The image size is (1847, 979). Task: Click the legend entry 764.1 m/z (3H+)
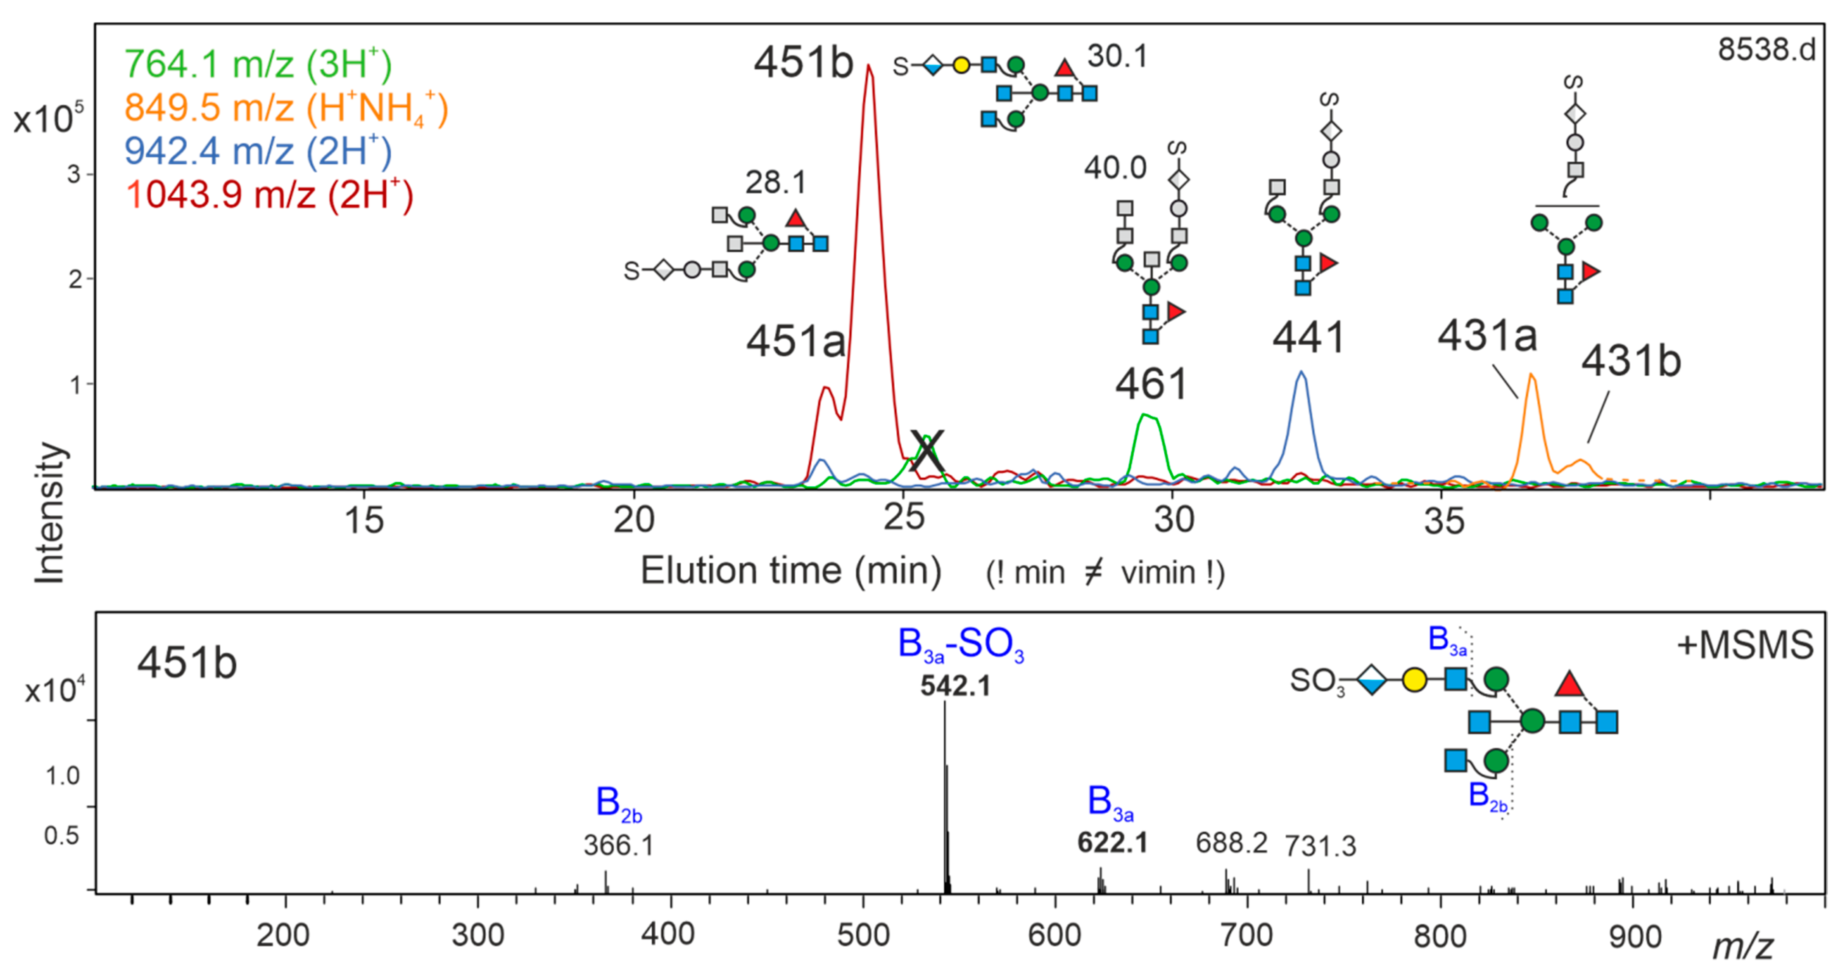point(258,64)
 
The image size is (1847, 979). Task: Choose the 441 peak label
point(1308,337)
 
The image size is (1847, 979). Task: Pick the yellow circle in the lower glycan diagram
point(1414,680)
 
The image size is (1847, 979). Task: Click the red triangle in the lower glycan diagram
point(1569,684)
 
